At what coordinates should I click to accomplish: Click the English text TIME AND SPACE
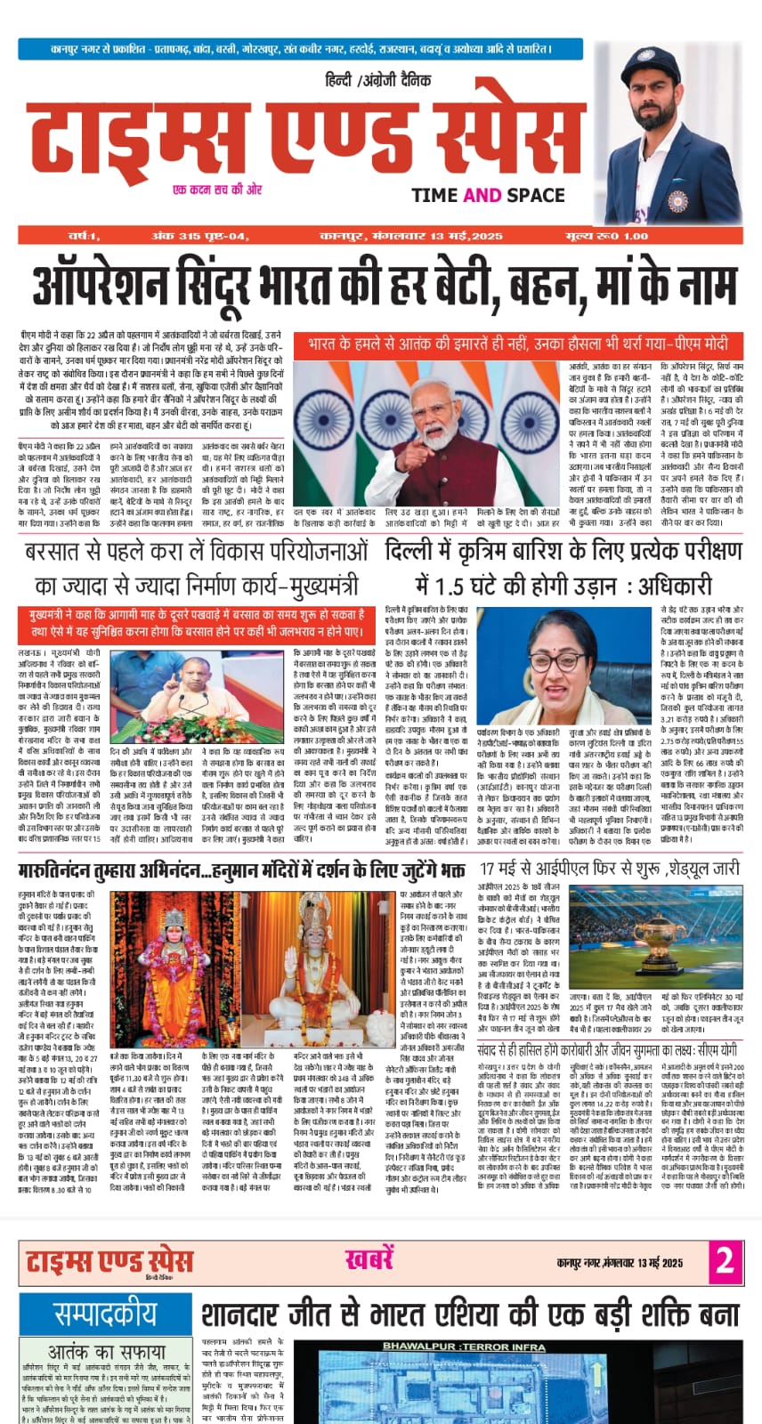click(x=488, y=195)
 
